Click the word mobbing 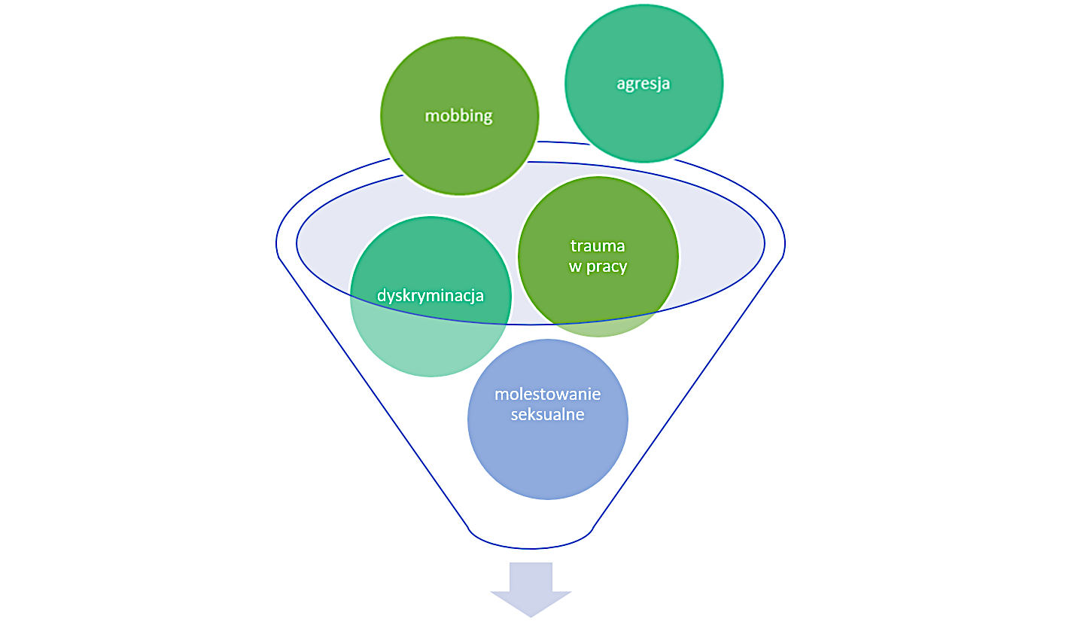point(458,116)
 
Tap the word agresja point(644,84)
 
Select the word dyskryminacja point(431,295)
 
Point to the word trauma point(598,246)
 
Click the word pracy point(608,267)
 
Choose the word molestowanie point(547,395)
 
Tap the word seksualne point(547,414)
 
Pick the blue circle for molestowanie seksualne point(547,459)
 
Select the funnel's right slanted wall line point(689,392)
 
